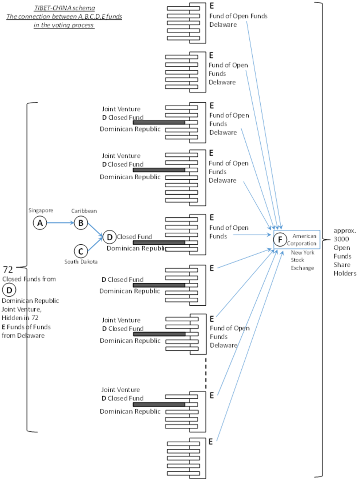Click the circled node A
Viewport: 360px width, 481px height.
tap(40, 223)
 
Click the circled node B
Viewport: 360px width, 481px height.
tap(81, 223)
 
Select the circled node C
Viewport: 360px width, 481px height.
tap(81, 251)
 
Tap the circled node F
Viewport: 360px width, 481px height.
tap(280, 240)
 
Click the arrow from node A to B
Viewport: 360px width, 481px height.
tap(60, 223)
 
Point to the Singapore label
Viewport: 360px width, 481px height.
tap(41, 210)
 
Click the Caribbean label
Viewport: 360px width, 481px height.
tap(84, 211)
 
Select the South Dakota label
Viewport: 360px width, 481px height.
tap(81, 262)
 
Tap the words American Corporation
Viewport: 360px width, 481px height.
tap(302, 240)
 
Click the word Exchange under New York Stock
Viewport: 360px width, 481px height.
tap(302, 268)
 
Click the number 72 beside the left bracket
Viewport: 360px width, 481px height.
tap(8, 270)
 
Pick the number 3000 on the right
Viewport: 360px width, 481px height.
tap(341, 239)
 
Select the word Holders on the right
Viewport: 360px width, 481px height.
tap(345, 273)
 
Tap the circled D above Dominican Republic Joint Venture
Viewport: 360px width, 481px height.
tap(9, 290)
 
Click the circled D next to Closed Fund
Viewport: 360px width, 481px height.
tap(110, 237)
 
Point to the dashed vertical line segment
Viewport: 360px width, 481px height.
tap(206, 373)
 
